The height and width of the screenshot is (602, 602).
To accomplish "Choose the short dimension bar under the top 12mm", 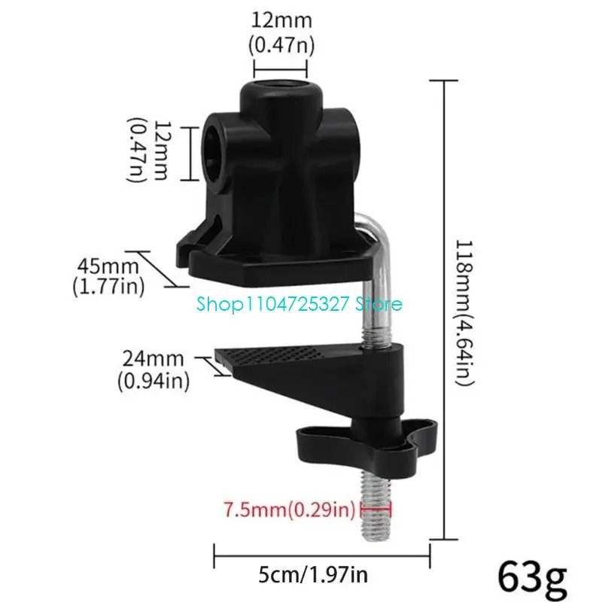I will click(x=281, y=73).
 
